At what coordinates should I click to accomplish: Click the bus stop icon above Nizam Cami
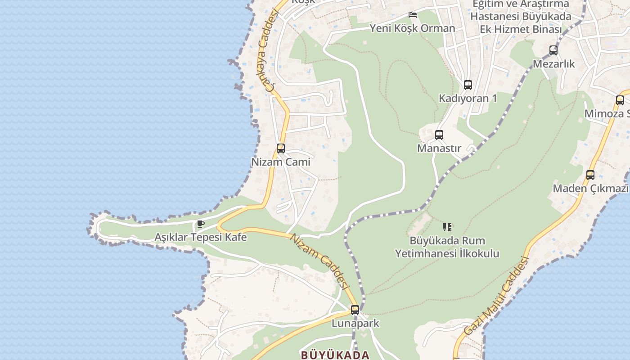coord(281,148)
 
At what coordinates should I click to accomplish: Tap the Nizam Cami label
coord(281,162)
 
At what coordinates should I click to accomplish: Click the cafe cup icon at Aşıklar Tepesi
coord(201,224)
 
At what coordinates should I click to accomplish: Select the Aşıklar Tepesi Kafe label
coord(201,237)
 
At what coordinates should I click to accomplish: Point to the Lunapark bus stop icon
coord(355,310)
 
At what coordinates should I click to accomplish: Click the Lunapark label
coord(355,323)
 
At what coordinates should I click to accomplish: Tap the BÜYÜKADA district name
coord(335,355)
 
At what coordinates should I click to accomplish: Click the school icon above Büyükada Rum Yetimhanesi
coord(447,227)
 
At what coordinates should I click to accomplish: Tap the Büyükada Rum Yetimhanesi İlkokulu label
coord(447,247)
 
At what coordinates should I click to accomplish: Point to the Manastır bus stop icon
coord(439,135)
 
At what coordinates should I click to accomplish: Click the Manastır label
coord(439,148)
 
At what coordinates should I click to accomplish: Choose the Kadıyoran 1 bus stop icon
coord(468,85)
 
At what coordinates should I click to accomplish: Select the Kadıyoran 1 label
coord(468,98)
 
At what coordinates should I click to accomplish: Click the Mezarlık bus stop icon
coord(553,50)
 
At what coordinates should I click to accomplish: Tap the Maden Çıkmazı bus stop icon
coord(590,175)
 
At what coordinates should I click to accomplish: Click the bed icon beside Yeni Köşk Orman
coord(412,15)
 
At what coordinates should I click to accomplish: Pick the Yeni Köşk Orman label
coord(412,28)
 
